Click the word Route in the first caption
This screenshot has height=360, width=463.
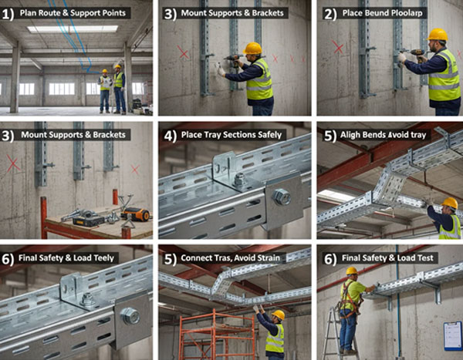click(48, 13)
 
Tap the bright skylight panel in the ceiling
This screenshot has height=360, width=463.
click(73, 29)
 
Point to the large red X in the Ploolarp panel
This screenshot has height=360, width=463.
click(337, 47)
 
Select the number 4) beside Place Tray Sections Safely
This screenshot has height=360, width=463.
click(170, 136)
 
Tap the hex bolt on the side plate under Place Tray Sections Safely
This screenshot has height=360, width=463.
click(281, 197)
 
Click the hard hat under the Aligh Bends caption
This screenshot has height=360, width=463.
click(449, 203)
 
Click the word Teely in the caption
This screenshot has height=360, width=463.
click(103, 258)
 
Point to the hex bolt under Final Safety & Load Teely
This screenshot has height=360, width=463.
click(130, 316)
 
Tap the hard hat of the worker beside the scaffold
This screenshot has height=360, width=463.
click(278, 315)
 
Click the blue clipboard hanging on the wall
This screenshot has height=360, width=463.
click(453, 336)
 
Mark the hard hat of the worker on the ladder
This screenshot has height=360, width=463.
click(351, 271)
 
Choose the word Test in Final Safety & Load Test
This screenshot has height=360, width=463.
click(425, 258)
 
